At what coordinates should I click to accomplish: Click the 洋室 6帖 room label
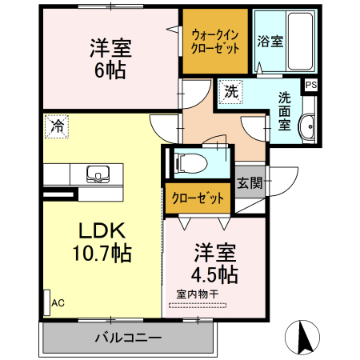tap(110, 58)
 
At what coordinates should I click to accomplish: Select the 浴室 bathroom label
tap(269, 42)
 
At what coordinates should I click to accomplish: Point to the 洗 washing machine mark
tap(230, 91)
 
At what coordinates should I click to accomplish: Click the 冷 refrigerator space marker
tap(58, 125)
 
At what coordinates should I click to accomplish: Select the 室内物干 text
tap(198, 294)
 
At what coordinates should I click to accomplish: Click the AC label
tap(58, 304)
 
